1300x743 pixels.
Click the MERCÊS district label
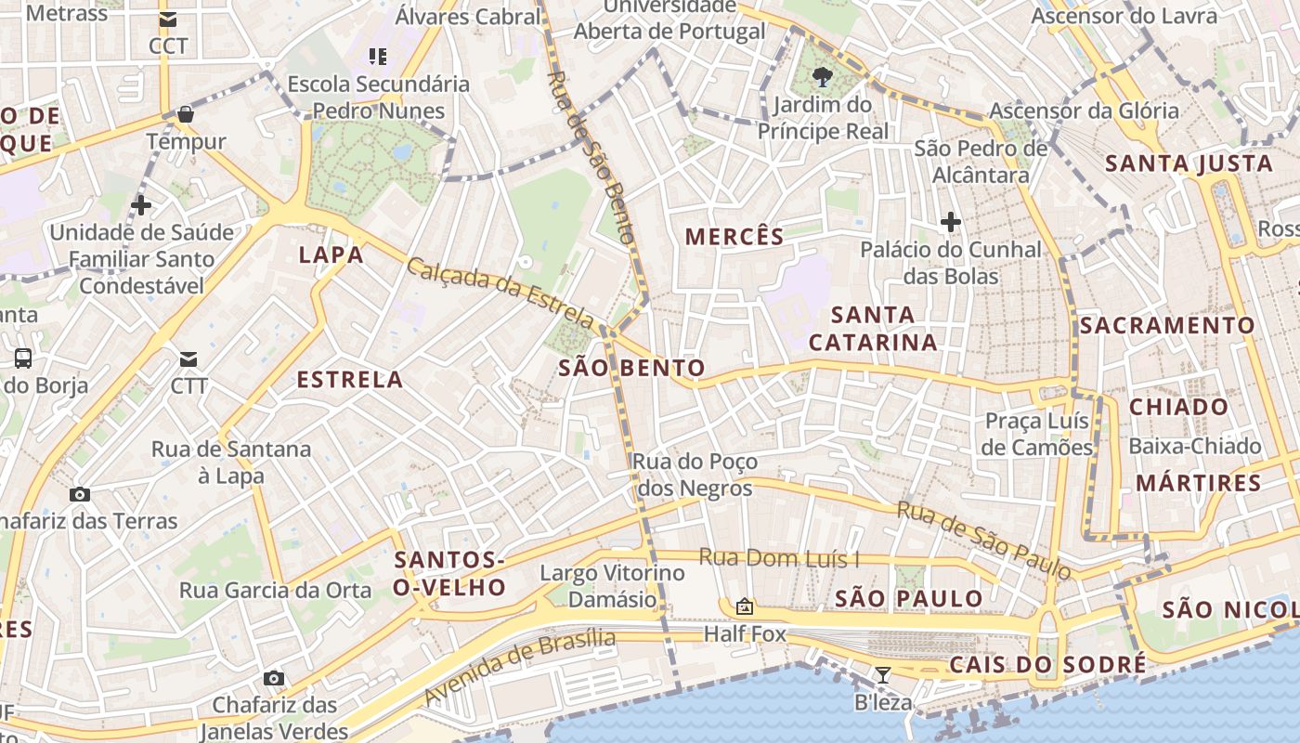tap(734, 237)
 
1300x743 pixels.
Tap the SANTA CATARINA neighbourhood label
tap(873, 329)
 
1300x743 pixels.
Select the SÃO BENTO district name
tap(631, 369)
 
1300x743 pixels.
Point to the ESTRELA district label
tap(350, 379)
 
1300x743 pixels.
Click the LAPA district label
tap(331, 254)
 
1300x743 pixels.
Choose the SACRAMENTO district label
tap(1167, 325)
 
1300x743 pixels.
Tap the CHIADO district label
tap(1178, 407)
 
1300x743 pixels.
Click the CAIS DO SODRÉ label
tap(1046, 665)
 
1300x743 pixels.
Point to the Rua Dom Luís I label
tap(779, 558)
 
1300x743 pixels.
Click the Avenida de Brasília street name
tap(520, 666)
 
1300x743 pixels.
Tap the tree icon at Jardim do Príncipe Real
tap(822, 76)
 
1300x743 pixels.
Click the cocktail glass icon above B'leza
tap(883, 675)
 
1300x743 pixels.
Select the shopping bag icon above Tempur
tap(186, 114)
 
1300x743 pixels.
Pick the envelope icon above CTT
tap(188, 358)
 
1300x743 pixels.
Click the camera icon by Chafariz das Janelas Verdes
tap(273, 678)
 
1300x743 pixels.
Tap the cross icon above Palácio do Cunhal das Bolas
tap(950, 222)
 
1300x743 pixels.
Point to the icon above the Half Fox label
tap(744, 607)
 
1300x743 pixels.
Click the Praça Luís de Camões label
tap(1038, 434)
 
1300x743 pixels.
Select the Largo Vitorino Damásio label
tap(612, 586)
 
